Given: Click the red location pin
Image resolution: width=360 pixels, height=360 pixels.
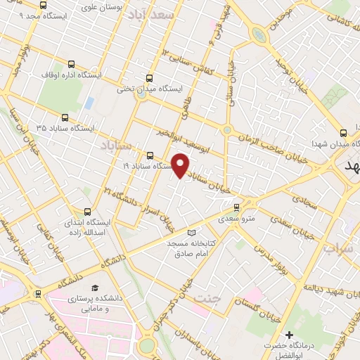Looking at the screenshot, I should pyautogui.click(x=181, y=165).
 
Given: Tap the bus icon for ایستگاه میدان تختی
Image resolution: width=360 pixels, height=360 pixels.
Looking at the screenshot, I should pyautogui.click(x=148, y=78).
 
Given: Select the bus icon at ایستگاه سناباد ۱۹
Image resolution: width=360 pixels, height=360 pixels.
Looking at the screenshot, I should pyautogui.click(x=148, y=155).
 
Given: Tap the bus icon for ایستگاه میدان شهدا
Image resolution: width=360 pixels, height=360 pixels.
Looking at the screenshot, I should pyautogui.click(x=343, y=131).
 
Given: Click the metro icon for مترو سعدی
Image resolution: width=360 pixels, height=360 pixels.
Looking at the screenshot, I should pyautogui.click(x=236, y=207).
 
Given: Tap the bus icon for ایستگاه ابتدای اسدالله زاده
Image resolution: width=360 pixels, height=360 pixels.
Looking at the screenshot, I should pyautogui.click(x=88, y=211).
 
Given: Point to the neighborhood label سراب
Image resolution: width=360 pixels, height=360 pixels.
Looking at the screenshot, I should pyautogui.click(x=336, y=248).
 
